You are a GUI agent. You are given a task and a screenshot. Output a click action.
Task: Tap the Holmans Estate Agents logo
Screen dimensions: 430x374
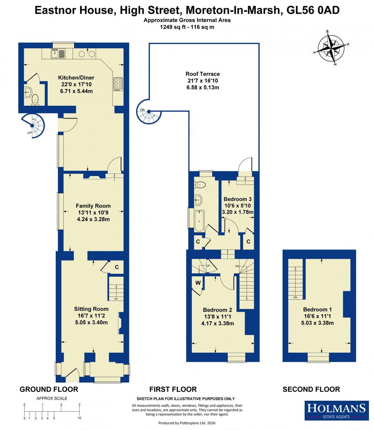(336, 410)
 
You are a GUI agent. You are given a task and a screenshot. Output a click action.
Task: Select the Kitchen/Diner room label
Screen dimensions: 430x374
(76, 78)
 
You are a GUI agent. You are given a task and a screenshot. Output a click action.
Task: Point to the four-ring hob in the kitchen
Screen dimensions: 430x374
(118, 84)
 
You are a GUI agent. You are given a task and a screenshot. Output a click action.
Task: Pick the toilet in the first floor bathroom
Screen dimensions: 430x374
(200, 184)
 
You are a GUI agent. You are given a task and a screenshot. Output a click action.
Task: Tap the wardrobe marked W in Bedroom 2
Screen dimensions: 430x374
(198, 283)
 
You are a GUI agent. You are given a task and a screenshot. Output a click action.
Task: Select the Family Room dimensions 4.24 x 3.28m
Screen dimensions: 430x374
(93, 219)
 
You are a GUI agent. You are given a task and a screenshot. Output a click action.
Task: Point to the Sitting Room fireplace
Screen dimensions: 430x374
(120, 323)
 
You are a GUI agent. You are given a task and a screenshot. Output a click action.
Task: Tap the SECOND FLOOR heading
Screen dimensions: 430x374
(311, 389)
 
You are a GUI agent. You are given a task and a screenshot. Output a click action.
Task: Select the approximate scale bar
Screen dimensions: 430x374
(52, 411)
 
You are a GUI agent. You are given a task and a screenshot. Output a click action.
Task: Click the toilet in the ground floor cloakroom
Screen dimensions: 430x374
(36, 99)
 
